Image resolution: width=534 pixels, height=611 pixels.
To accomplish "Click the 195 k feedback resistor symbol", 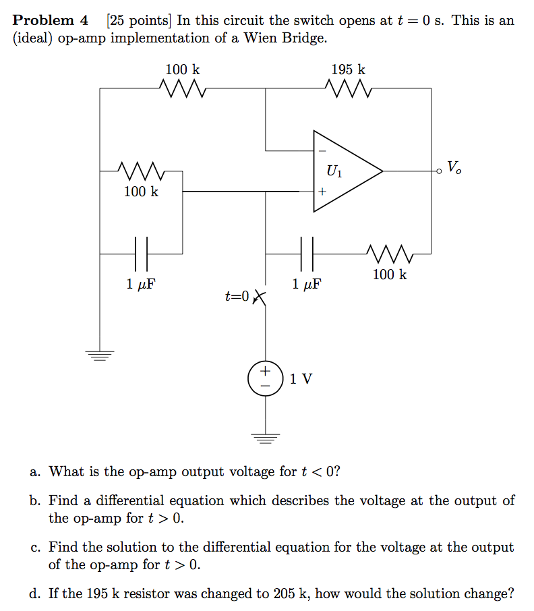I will (347, 88).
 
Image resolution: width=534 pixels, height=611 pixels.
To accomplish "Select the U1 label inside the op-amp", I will (334, 171).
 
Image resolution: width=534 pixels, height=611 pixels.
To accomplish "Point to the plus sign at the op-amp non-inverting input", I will (322, 192).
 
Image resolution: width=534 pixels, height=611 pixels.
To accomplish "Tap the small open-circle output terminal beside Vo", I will (440, 171).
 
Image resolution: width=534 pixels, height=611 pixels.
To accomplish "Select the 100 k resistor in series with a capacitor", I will (390, 254).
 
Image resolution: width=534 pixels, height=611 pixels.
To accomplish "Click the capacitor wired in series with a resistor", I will (307, 254).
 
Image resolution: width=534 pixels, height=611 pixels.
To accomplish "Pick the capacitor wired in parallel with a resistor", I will (141, 254).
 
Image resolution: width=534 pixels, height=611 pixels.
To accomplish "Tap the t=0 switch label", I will (237, 296).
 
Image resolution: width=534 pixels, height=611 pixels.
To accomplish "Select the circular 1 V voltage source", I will (265, 378).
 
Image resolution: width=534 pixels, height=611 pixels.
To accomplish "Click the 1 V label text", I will (301, 379).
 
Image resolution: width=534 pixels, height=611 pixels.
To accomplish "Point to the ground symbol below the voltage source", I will (265, 439).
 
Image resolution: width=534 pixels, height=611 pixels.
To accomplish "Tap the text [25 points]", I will (139, 20).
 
